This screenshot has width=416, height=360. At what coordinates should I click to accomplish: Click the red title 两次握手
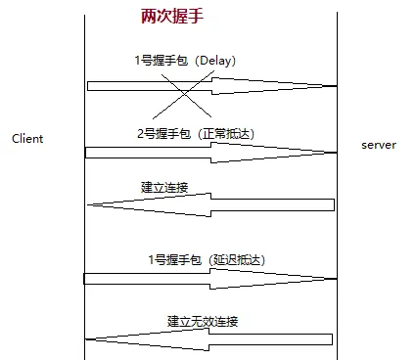coord(172,16)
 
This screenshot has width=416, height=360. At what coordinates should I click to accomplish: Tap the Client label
coord(27,139)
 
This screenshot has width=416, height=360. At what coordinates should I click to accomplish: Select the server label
coord(379,145)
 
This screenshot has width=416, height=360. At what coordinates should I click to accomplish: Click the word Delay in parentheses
coord(214,61)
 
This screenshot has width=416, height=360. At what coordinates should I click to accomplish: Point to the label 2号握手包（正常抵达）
coord(196,134)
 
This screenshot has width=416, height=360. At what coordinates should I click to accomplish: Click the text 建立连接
coord(164,187)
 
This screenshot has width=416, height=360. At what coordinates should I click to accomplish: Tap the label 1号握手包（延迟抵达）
coord(207,260)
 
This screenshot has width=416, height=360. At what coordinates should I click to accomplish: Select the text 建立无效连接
coord(203,321)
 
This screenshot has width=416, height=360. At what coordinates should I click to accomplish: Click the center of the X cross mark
coord(184,94)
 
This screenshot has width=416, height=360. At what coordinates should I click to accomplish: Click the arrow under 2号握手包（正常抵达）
coord(211,153)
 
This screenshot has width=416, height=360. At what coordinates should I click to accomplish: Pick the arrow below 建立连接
coord(211,204)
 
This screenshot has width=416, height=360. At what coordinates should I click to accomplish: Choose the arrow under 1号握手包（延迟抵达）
coord(210,279)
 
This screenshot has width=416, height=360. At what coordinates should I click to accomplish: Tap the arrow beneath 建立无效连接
coord(208,339)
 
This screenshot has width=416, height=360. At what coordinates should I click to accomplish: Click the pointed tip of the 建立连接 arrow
coord(87,204)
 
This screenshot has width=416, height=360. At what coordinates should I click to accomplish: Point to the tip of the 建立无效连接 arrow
coord(85,339)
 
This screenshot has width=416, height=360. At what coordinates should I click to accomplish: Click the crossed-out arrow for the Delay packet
coord(212,86)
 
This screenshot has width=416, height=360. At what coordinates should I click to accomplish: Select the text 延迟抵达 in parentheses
coord(237,260)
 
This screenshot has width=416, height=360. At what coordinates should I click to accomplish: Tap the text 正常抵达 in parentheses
coord(226,134)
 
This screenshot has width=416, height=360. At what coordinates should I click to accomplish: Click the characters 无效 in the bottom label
coord(203,321)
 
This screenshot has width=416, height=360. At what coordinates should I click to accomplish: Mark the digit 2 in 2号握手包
coord(141,134)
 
